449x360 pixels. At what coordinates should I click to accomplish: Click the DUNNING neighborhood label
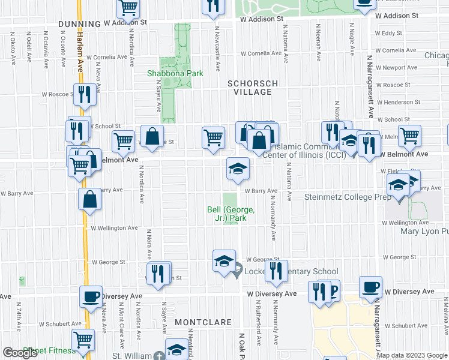(x=79, y=23)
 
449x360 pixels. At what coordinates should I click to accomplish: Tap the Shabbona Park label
(x=175, y=74)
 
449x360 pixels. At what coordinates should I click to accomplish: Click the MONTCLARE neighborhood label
(x=203, y=322)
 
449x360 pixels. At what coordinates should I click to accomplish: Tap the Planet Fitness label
(x=49, y=351)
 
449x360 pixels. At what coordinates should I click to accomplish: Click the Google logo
(x=20, y=353)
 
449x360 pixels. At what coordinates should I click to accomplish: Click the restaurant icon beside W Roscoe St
(x=83, y=95)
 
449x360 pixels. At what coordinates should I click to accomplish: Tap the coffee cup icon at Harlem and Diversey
(x=91, y=296)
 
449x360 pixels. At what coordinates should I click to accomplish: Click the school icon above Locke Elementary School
(x=224, y=261)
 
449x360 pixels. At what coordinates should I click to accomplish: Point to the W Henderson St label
(x=393, y=102)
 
